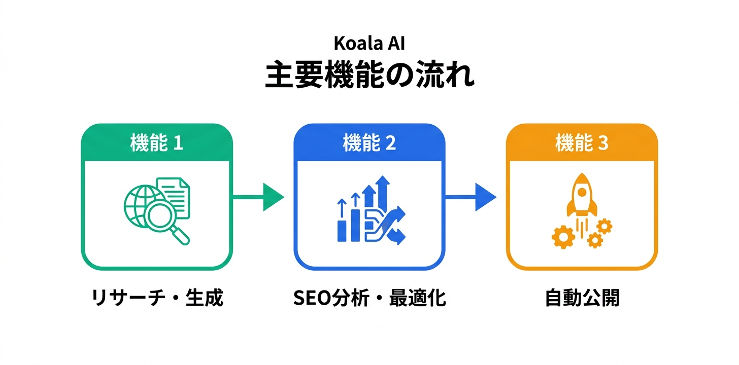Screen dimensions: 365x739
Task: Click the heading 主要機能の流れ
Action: [369, 77]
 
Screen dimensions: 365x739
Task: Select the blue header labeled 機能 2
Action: [369, 143]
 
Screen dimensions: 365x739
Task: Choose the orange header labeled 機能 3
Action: [582, 143]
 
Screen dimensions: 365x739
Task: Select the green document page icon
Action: [174, 195]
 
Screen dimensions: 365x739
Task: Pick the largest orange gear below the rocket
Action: [563, 236]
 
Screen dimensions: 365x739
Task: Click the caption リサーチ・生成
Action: [157, 298]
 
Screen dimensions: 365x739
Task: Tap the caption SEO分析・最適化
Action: [369, 298]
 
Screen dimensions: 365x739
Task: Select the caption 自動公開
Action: [582, 298]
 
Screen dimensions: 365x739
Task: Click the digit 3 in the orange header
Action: [603, 143]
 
